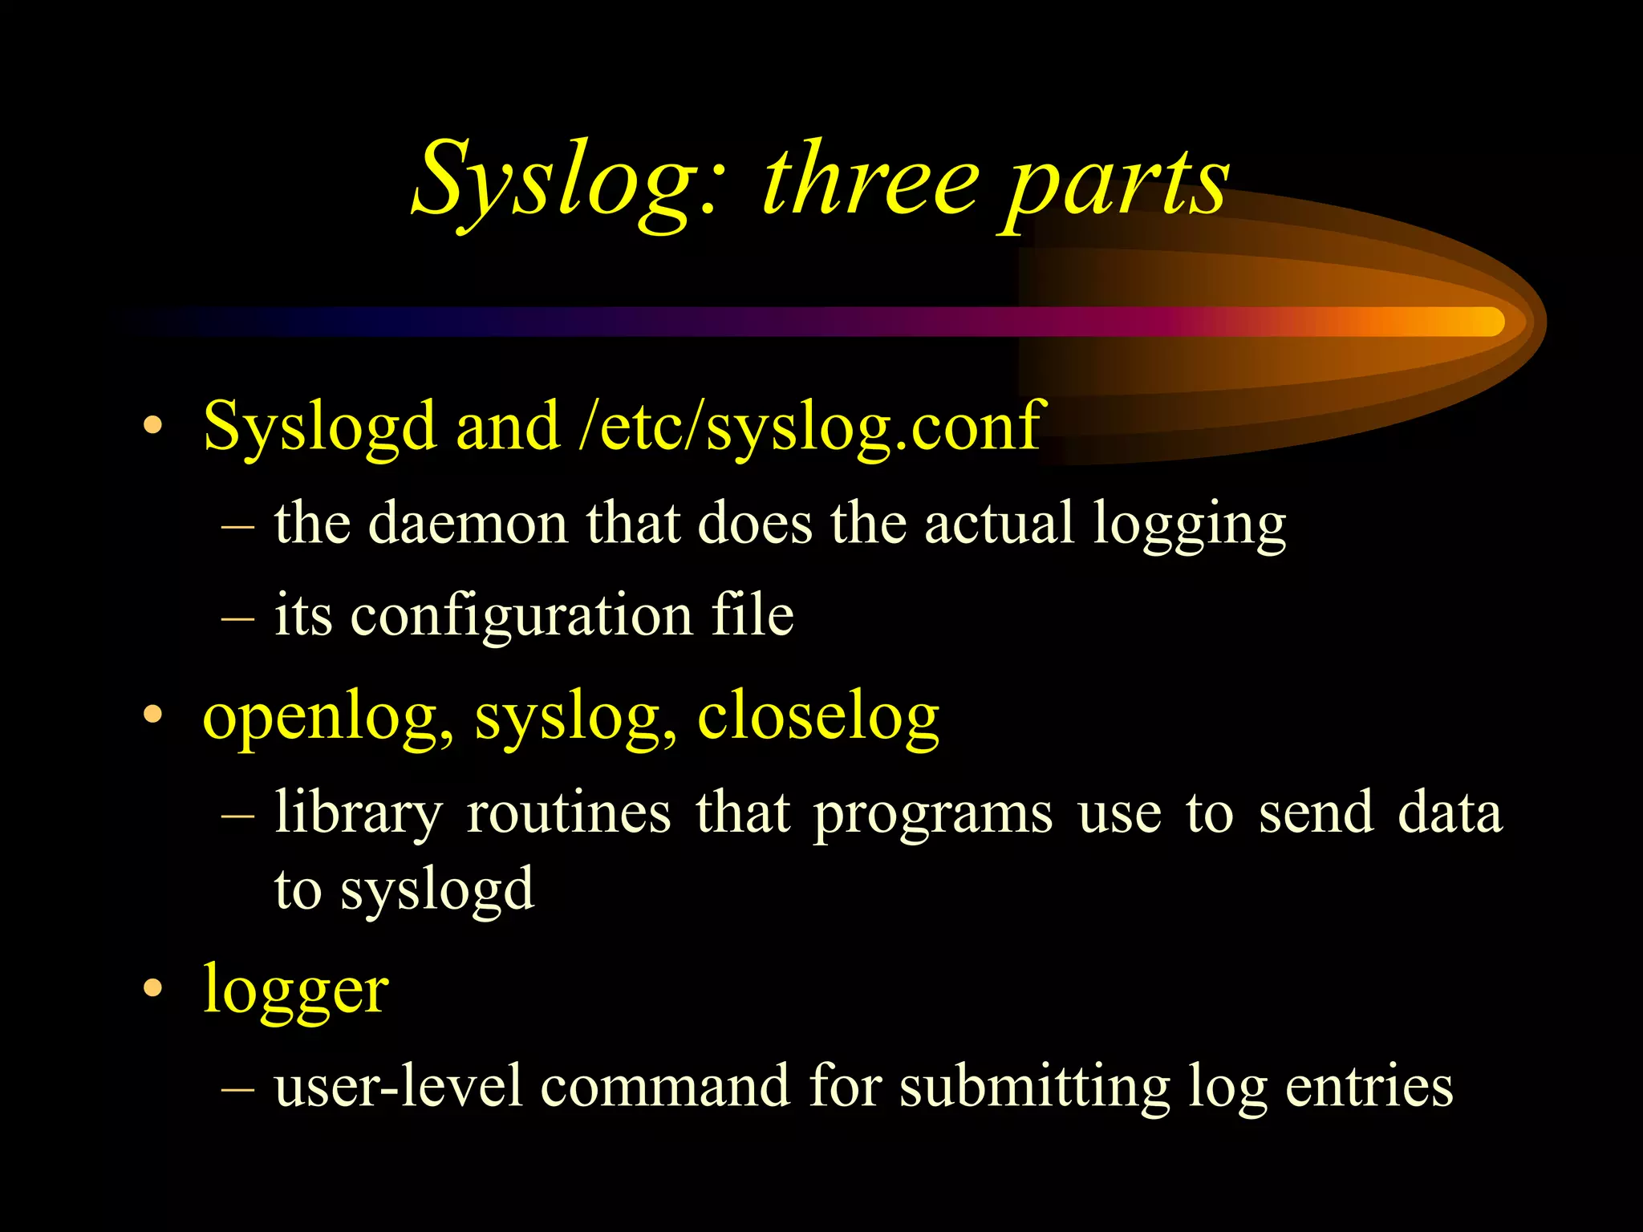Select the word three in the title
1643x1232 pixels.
(x=871, y=181)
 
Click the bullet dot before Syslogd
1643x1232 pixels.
(x=152, y=427)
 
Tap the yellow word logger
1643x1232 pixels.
(x=295, y=991)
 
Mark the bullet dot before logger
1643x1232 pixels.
(x=152, y=989)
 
